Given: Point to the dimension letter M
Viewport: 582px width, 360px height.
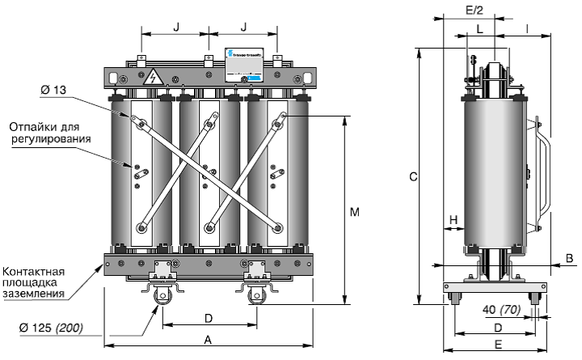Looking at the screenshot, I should [x=353, y=213].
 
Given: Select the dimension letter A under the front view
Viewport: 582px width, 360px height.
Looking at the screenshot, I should [x=208, y=341].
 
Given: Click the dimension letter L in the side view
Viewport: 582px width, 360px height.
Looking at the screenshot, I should [x=480, y=28].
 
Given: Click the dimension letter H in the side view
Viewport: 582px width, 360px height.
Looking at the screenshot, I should [x=453, y=220].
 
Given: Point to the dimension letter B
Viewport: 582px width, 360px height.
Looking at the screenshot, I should [x=569, y=259].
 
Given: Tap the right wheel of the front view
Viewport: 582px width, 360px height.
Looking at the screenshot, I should [x=259, y=297].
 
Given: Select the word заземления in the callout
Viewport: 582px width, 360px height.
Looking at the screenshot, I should [x=33, y=294].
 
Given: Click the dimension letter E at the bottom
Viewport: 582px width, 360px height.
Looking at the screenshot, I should [x=499, y=345].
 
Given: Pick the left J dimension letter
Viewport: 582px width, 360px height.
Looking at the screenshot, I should [x=175, y=27].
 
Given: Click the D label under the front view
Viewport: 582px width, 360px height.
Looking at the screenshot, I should [x=208, y=316].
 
